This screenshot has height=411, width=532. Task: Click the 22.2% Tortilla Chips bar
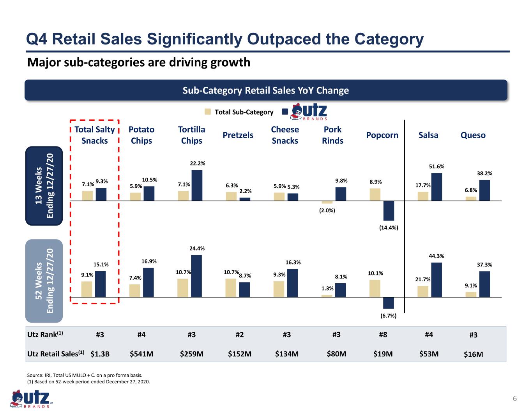197,185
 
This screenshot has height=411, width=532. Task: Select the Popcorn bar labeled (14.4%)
389,211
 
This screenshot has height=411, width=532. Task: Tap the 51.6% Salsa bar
437,187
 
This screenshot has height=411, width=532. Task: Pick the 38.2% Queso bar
484,191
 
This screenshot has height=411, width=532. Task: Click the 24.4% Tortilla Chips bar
196,276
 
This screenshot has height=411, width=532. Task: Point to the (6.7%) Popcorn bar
389,303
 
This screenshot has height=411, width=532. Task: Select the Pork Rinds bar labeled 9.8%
341,194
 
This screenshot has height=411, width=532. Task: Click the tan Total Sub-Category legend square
208,112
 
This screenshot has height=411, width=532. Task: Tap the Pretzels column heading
238,135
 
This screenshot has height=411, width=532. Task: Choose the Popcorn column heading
382,135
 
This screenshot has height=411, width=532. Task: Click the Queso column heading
473,135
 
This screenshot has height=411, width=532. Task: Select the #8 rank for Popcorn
383,334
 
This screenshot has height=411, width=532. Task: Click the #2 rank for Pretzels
240,334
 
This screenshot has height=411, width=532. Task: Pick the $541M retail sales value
141,354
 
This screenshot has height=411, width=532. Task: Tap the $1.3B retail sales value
100,354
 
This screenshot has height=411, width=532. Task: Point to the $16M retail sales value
474,354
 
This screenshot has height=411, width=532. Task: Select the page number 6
514,399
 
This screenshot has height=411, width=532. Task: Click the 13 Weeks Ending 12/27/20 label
44,186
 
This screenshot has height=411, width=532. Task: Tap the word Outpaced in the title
284,39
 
